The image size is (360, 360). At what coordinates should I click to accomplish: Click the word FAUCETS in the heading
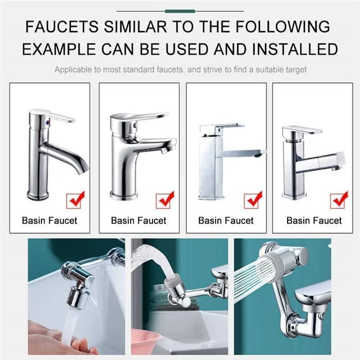[62, 27]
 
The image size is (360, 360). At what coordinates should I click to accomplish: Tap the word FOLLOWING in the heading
[283, 27]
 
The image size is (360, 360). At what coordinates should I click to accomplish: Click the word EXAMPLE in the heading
[59, 49]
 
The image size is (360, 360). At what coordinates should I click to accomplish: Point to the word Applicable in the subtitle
[73, 70]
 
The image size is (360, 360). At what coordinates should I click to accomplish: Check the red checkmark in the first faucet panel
[76, 199]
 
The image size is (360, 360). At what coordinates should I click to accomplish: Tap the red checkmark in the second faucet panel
[166, 199]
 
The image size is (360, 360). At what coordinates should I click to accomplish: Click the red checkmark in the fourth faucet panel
[340, 199]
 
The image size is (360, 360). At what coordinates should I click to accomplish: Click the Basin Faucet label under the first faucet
[49, 220]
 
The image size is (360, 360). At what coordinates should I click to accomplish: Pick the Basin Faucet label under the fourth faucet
[314, 220]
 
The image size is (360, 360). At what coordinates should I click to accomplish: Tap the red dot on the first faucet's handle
[47, 122]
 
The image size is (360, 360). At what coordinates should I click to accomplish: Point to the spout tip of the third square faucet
[258, 155]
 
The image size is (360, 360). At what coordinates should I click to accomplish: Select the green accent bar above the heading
[180, 11]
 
